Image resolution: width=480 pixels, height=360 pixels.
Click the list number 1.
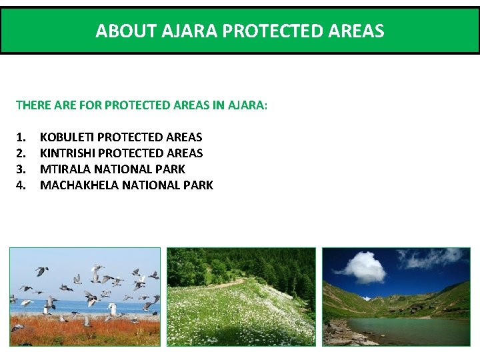pos(21,137)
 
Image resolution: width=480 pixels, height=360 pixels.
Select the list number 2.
pos(21,153)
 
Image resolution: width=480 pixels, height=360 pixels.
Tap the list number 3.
pos(21,169)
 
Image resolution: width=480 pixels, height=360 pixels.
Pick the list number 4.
pos(21,185)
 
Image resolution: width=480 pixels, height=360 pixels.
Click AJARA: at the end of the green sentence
pos(247,105)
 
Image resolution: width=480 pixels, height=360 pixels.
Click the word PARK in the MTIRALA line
pos(172,169)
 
